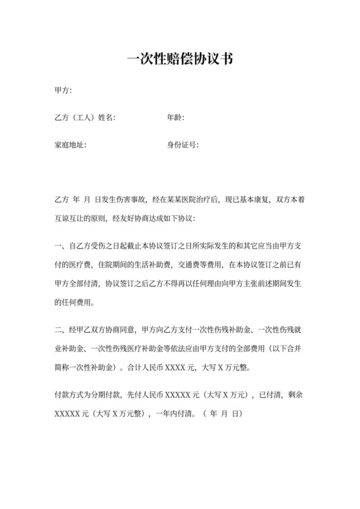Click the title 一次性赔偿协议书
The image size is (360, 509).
(x=179, y=60)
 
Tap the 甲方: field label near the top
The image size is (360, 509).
(x=64, y=89)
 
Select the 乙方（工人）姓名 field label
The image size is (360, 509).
(x=85, y=117)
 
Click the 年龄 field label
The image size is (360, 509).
(x=175, y=117)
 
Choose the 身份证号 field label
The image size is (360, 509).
(x=183, y=145)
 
